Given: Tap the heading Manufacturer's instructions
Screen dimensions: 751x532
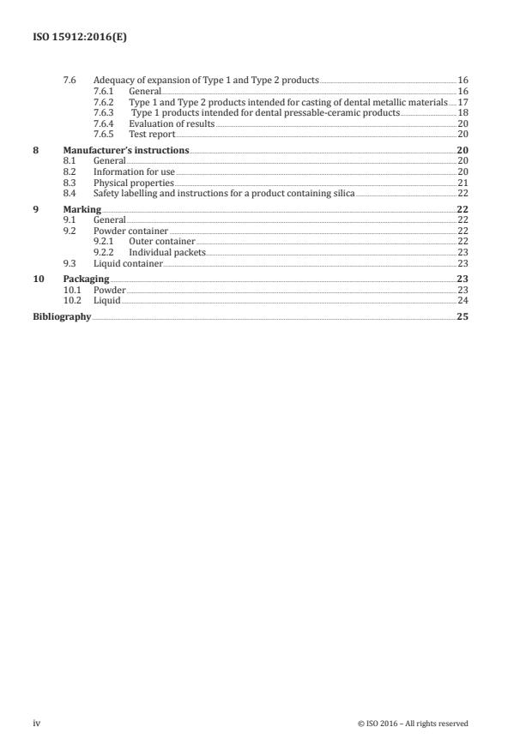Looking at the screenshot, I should click(126, 150).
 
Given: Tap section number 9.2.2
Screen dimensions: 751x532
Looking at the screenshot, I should click(103, 253).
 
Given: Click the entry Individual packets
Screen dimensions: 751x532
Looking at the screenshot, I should click(166, 253).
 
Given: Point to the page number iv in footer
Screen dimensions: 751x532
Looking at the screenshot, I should click(37, 724).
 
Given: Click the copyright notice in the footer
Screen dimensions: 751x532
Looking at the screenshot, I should click(413, 724).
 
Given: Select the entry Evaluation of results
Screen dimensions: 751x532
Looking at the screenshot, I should click(172, 123).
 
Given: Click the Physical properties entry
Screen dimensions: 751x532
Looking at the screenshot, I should click(133, 183).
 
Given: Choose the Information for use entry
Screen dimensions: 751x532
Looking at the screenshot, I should click(134, 172).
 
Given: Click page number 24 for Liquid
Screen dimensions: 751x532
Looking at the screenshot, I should click(462, 301).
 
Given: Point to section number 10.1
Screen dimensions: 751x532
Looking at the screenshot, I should click(72, 291).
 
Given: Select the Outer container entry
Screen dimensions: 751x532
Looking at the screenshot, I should click(161, 242).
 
